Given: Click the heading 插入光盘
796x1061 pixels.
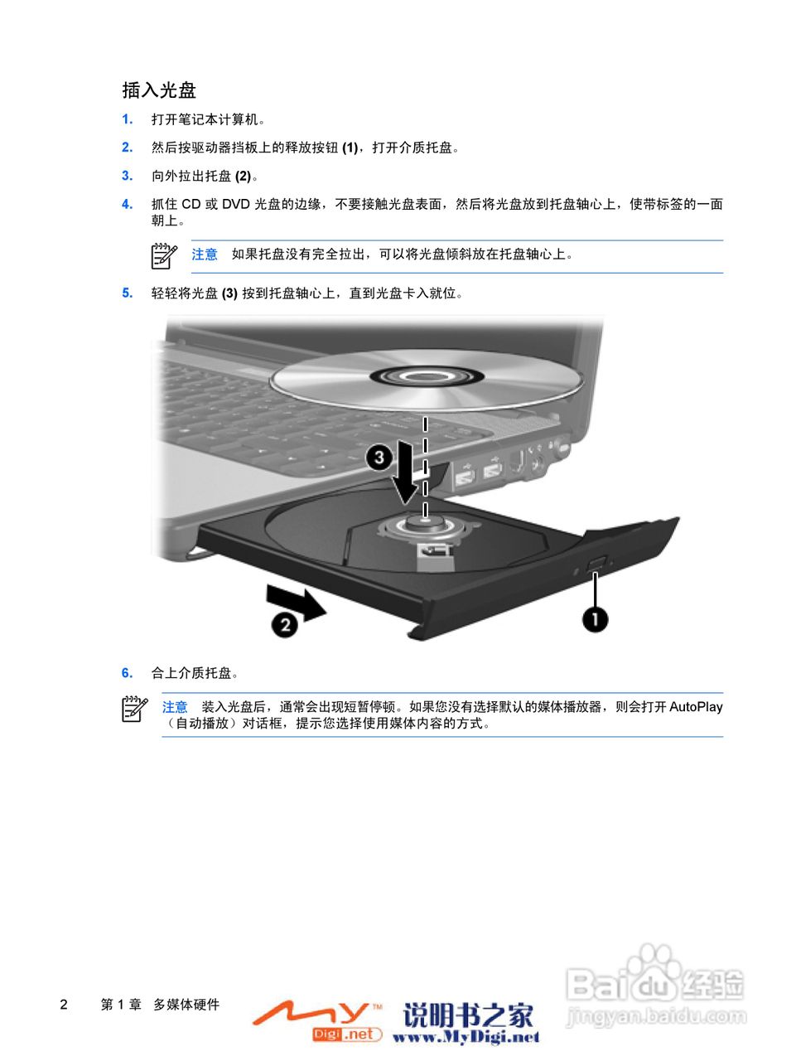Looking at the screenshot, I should [159, 90].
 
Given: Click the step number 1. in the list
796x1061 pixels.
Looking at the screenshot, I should [128, 119].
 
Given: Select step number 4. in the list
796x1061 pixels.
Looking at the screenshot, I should [128, 204].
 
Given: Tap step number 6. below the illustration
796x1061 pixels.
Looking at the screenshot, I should [128, 673].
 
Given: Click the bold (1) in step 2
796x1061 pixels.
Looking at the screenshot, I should [350, 148].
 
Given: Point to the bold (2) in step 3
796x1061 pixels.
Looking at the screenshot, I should [243, 176].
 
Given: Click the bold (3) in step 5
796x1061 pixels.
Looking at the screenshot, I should [229, 293].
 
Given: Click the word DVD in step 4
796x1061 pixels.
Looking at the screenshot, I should [236, 204].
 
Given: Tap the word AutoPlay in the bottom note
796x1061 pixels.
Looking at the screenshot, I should [696, 707].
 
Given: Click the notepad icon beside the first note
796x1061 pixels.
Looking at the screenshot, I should [164, 255].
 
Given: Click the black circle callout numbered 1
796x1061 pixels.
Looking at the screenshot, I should [594, 618].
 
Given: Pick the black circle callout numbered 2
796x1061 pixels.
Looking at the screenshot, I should [285, 624].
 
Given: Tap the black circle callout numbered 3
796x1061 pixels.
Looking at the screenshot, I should [379, 457].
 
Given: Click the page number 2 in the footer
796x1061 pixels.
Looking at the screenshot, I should [64, 1005].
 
